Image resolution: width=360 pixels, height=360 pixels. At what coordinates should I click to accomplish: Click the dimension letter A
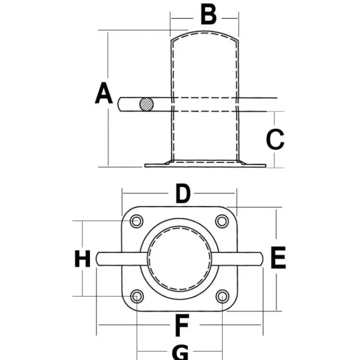point(104,93)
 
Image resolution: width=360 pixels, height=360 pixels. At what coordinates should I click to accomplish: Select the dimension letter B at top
point(208,15)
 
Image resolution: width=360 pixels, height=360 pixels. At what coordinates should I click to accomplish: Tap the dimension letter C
point(275,139)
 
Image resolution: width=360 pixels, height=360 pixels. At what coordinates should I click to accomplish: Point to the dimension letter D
point(183,193)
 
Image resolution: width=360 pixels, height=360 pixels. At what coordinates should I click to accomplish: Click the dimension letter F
point(182,325)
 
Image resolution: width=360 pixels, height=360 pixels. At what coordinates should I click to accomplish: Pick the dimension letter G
point(180,352)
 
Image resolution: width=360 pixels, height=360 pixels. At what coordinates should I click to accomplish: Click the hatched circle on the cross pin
point(147,104)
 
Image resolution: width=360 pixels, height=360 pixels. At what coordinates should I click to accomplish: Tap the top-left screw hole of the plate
point(137,221)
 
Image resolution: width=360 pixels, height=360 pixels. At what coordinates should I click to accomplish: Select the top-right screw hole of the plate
point(222,221)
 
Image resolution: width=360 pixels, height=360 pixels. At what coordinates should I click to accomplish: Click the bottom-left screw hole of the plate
point(137,296)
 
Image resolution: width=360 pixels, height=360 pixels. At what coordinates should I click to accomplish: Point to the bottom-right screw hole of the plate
point(222,296)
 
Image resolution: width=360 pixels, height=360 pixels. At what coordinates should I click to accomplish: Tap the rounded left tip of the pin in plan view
point(97,259)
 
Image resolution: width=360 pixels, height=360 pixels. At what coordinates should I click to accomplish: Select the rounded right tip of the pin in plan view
point(262,259)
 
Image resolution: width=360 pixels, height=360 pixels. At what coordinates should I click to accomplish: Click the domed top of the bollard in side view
point(205,31)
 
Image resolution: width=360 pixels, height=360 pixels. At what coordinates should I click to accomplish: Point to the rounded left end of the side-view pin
point(119,104)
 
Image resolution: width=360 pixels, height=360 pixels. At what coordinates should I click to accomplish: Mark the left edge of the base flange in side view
point(145,165)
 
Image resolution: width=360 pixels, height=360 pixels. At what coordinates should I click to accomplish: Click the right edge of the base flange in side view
point(265,166)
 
